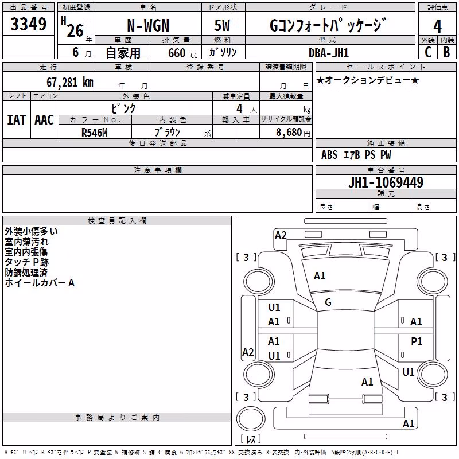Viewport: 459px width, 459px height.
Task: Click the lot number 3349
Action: [x=28, y=24]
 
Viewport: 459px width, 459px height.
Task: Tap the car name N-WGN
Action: [x=148, y=25]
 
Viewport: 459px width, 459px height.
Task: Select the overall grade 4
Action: [x=437, y=26]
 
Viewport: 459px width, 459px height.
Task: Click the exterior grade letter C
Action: [x=428, y=52]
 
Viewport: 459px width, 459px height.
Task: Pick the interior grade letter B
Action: [x=447, y=52]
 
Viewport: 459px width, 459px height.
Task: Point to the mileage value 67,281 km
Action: [x=70, y=83]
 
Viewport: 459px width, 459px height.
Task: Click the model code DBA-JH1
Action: [x=329, y=53]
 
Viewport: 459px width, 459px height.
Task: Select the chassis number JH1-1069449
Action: [x=386, y=182]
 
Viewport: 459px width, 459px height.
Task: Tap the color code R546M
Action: [x=95, y=133]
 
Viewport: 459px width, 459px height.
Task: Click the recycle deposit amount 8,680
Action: [x=289, y=133]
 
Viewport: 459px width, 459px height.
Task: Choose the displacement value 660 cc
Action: [x=182, y=53]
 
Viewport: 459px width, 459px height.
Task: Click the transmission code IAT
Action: [x=17, y=120]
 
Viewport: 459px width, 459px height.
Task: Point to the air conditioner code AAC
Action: [x=44, y=120]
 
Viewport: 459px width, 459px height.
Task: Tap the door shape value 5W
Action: [x=222, y=25]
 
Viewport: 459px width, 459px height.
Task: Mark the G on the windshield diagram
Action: [x=328, y=302]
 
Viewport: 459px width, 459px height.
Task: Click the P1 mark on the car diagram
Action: [x=417, y=341]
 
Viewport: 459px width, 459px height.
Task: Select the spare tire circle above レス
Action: [x=251, y=419]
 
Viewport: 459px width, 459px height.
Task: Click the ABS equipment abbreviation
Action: [x=329, y=155]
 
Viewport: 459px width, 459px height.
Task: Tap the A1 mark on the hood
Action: [x=320, y=276]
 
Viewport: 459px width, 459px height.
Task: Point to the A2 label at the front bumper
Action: [x=281, y=235]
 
